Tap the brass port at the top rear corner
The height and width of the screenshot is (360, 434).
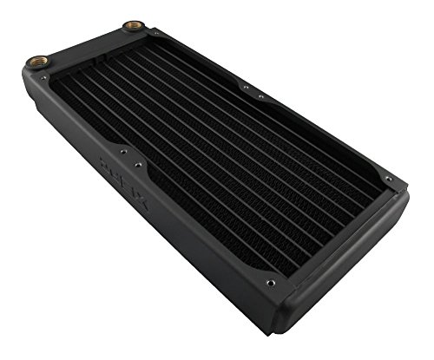133,27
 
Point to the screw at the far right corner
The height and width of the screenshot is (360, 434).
387,180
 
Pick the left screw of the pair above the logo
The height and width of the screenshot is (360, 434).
122,150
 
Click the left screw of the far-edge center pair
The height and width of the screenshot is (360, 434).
246,87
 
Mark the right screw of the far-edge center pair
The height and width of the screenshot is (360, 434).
261,96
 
